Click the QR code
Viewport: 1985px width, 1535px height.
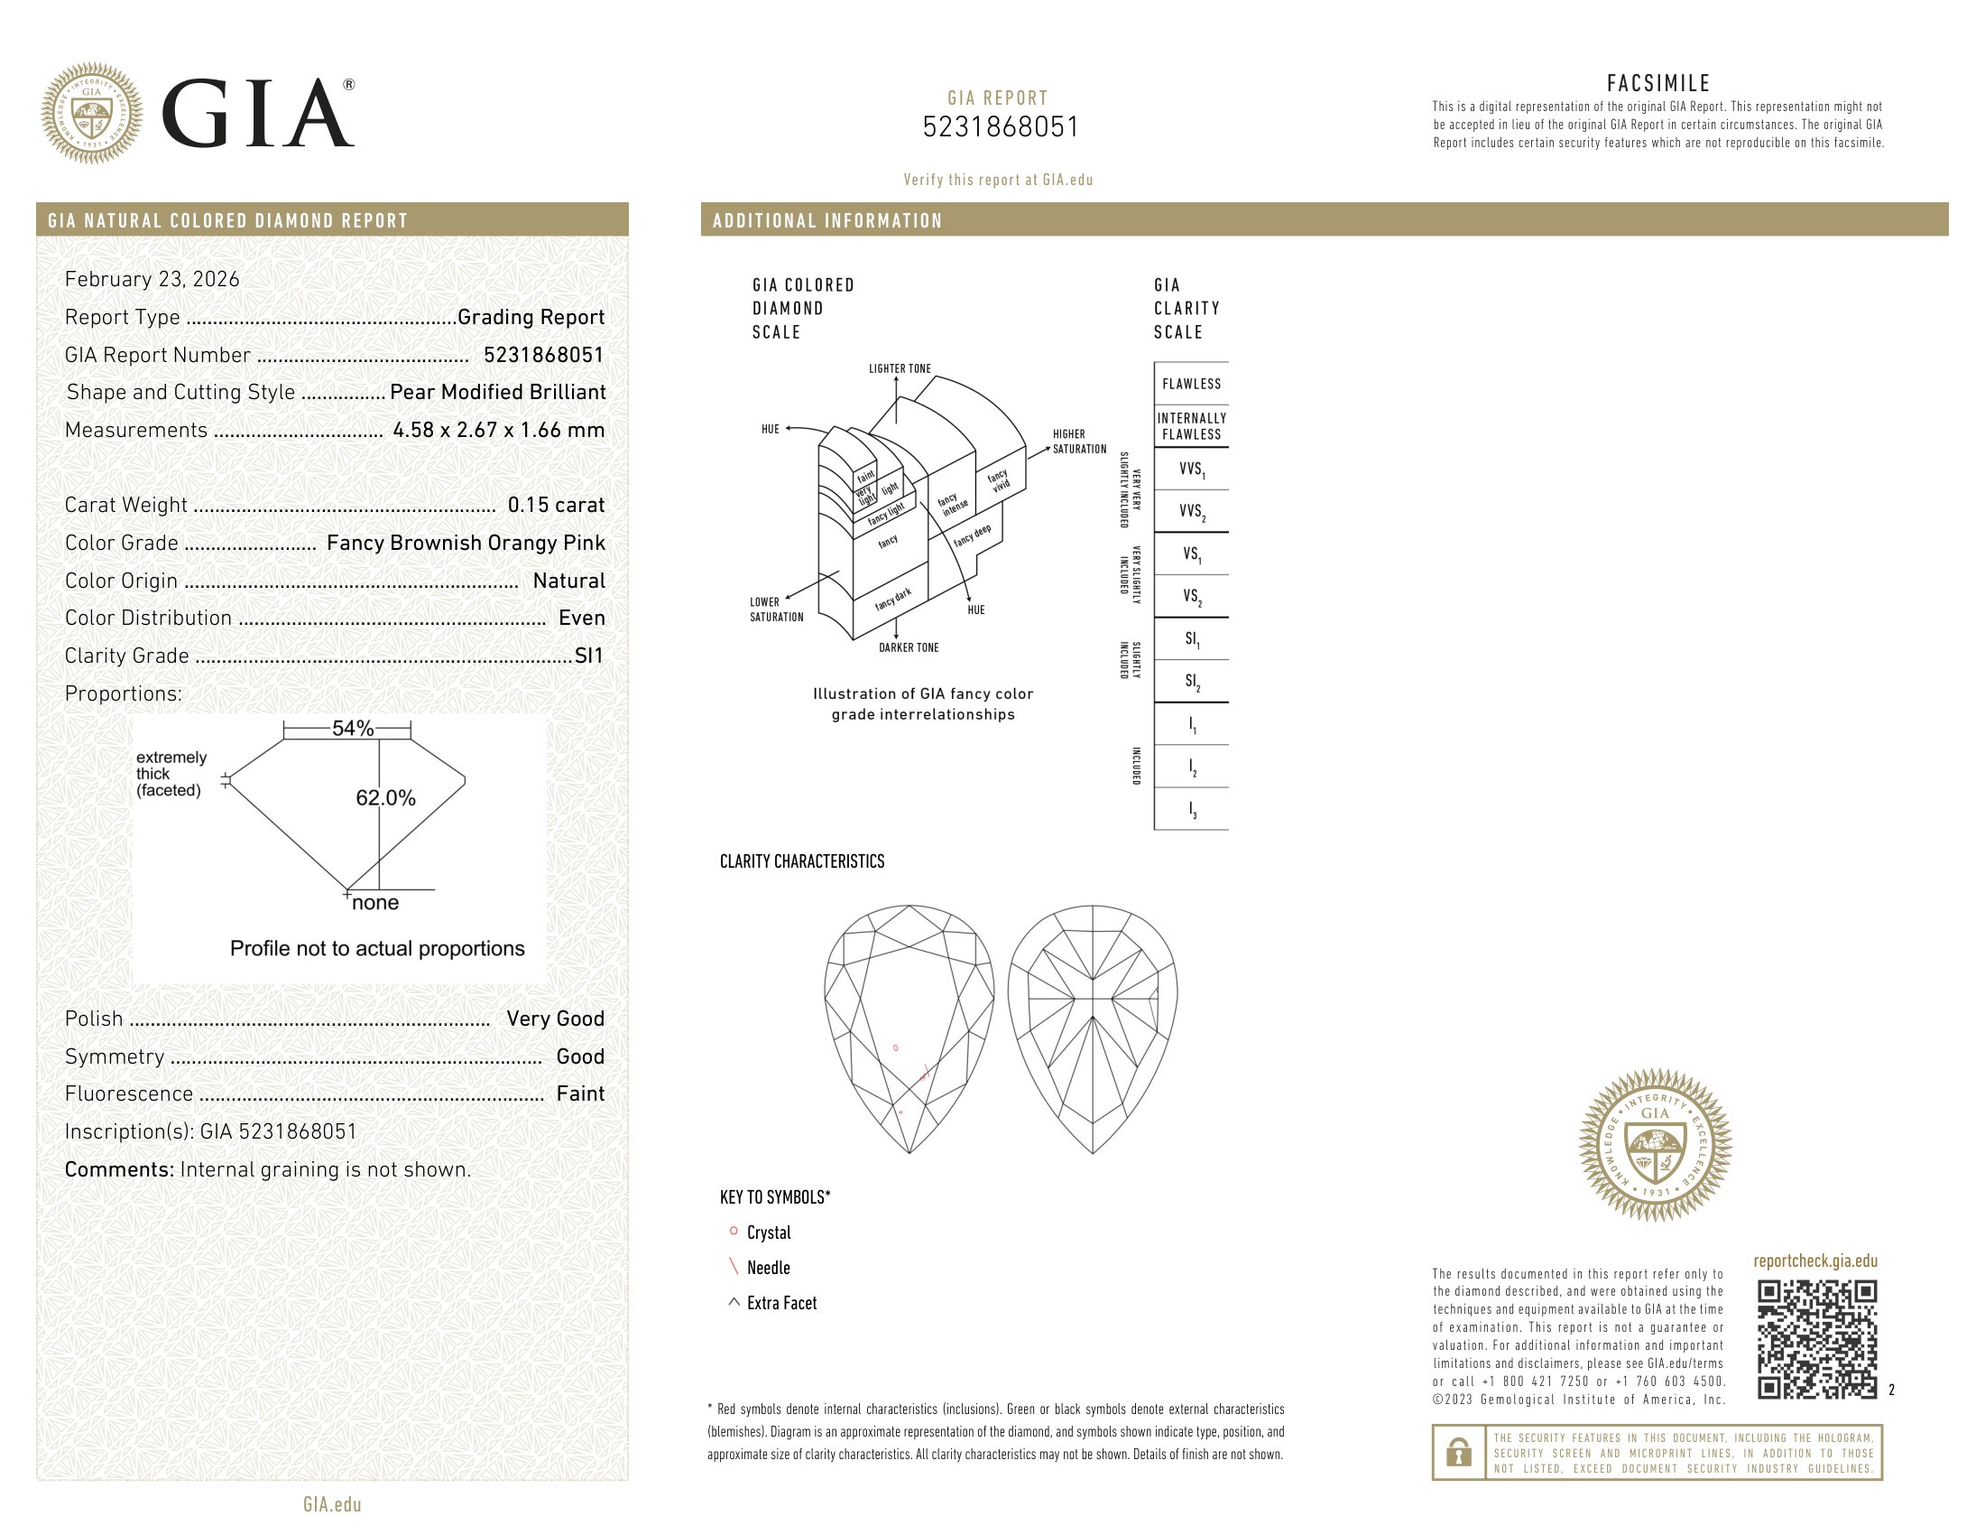1816,1338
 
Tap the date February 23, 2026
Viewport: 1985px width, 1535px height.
152,279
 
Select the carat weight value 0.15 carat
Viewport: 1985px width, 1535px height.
555,505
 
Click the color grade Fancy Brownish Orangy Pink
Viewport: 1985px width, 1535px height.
466,543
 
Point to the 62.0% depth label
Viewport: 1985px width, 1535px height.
385,798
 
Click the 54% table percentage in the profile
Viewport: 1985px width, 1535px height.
353,729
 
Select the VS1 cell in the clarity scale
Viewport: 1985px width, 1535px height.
1191,554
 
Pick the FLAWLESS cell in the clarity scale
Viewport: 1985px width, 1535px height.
1191,384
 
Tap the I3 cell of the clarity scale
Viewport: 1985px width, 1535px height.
1192,809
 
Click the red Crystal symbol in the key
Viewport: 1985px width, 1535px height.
734,1232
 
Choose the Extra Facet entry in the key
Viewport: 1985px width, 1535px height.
780,1303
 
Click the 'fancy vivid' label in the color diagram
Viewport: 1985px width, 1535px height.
998,480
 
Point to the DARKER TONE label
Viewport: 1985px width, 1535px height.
908,647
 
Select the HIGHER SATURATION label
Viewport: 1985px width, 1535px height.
1079,442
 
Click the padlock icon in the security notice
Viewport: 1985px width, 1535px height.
1459,1452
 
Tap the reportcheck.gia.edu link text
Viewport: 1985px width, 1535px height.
1815,1261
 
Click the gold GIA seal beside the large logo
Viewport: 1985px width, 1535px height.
92,114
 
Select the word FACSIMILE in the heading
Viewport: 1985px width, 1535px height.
1657,84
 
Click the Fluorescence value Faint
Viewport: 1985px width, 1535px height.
580,1094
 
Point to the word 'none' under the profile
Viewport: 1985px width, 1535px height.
374,903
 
